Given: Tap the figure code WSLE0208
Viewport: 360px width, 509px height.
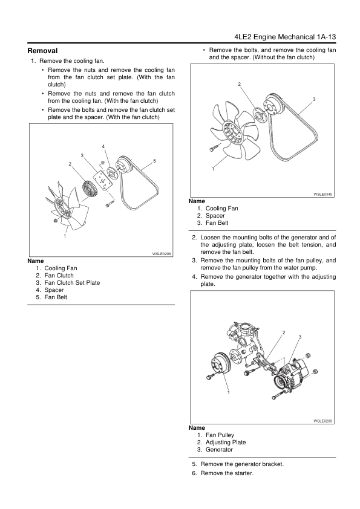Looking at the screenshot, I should tap(162, 254).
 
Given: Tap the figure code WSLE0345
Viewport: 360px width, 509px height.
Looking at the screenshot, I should tap(324, 194).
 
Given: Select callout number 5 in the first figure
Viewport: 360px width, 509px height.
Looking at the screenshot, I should tap(155, 161).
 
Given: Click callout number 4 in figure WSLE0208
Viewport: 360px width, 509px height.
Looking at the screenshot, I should tap(103, 147).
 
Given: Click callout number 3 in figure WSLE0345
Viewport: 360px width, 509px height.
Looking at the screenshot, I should tap(314, 99).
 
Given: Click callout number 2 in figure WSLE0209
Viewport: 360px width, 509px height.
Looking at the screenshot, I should tap(283, 333).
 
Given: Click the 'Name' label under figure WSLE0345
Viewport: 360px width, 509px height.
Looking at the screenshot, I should tap(197, 201).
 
